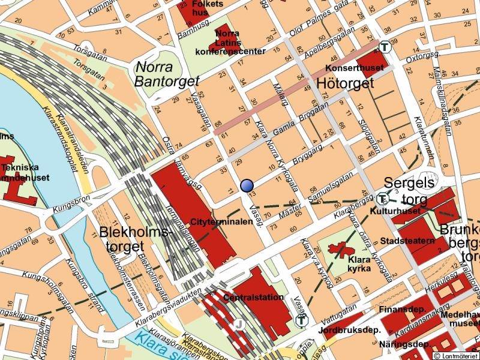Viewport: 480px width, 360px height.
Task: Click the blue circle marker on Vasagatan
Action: click(247, 185)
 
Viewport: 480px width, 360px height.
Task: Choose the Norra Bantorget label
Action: click(161, 73)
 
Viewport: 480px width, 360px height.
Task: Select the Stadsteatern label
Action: click(407, 241)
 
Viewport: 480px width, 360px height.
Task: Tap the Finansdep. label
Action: click(400, 310)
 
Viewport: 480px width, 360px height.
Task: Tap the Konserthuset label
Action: click(346, 68)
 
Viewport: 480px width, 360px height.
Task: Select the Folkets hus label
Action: click(209, 7)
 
